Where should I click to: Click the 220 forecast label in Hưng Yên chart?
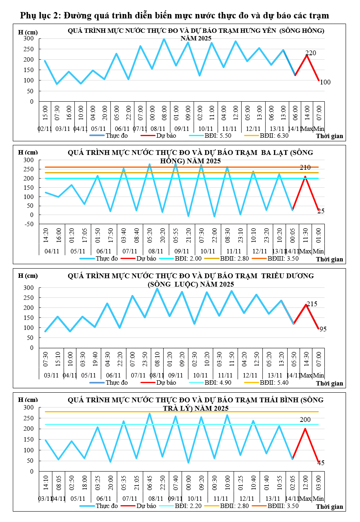pos(311,53)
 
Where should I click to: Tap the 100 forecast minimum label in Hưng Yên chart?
pos(325,82)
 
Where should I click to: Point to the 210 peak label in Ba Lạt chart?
pos(306,167)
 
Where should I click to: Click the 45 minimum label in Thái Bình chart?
pos(321,463)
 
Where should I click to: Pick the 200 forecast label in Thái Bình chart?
pos(305,420)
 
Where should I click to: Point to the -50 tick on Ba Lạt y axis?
pos(28,224)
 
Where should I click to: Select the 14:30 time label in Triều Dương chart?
pos(306,359)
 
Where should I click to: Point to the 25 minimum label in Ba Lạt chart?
pos(321,211)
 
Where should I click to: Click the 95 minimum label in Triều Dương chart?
pos(323,329)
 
